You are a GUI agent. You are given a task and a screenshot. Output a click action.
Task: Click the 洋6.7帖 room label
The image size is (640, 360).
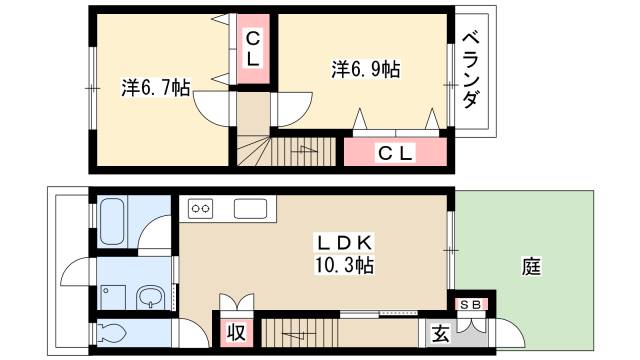click(156, 88)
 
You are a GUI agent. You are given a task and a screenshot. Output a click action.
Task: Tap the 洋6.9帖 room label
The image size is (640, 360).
click(365, 69)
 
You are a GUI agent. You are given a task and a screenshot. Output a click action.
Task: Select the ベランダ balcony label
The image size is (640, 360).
click(471, 70)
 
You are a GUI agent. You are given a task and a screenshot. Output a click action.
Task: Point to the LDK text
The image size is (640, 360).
click(344, 243)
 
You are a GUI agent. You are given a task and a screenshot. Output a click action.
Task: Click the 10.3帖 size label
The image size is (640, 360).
click(344, 265)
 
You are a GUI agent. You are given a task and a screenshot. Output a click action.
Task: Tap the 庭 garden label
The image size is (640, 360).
click(532, 267)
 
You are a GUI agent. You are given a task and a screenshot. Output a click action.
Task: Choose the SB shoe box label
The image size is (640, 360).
click(471, 304)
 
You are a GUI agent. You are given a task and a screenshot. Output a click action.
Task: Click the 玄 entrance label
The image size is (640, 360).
click(441, 334)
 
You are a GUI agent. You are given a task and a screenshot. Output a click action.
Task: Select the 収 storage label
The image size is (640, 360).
click(236, 332)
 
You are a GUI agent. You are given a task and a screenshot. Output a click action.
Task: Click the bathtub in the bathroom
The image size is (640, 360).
click(112, 222)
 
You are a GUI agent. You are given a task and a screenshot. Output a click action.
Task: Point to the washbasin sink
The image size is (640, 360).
click(151, 298)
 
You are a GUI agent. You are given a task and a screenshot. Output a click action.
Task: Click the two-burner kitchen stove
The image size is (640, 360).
click(200, 209)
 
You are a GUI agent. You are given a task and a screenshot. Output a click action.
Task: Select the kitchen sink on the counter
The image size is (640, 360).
click(250, 209)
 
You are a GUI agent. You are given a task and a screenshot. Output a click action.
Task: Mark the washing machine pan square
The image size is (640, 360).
click(113, 298)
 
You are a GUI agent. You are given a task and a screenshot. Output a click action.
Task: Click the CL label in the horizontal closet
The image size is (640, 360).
click(395, 153)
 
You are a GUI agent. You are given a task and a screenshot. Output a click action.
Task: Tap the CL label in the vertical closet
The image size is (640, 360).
click(253, 49)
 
